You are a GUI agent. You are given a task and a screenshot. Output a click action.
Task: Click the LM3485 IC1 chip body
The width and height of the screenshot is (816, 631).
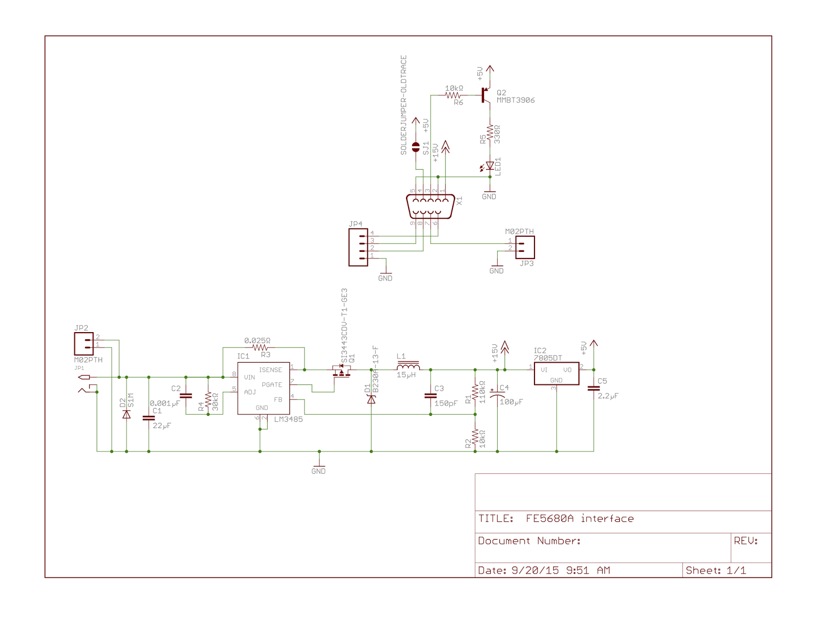[x=263, y=389]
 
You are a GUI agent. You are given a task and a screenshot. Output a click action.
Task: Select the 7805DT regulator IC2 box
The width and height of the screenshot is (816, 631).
[x=556, y=374]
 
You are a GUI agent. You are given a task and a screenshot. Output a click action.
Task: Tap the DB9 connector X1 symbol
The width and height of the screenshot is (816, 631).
[x=430, y=206]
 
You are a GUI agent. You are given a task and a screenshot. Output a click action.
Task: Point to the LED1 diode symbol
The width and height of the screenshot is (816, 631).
[x=490, y=166]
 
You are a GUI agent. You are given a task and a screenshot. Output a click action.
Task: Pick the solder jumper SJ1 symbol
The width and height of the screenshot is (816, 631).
[x=416, y=147]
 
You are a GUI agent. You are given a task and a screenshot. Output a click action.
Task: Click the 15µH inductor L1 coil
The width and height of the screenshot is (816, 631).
[x=408, y=367]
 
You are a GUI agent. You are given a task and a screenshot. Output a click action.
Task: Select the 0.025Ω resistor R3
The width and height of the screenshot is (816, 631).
[x=260, y=348]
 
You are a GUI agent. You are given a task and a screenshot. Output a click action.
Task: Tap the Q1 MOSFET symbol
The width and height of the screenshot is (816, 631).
[x=341, y=371]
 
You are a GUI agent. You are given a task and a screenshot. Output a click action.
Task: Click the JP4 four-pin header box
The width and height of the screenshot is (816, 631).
[x=358, y=247]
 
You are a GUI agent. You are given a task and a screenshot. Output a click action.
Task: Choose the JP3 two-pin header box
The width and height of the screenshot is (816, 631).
[x=525, y=247]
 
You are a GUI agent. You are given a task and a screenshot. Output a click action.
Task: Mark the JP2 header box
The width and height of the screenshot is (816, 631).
[x=84, y=344]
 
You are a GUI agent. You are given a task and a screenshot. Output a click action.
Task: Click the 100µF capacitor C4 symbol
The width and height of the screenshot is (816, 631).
[x=497, y=394]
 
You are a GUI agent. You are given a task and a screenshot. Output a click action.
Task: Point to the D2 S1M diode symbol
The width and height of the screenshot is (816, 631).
[x=126, y=414]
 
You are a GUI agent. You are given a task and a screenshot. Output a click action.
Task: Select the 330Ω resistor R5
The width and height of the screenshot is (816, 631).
[x=490, y=134]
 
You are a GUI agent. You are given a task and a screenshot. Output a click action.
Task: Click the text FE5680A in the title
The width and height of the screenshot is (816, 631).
[x=549, y=519]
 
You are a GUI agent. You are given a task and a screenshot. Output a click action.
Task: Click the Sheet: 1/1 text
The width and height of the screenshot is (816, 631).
[x=716, y=570]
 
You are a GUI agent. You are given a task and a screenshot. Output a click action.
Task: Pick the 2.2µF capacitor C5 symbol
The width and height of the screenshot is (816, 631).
[x=594, y=388]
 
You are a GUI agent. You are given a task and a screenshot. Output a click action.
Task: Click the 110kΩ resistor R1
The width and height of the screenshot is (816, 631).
[x=475, y=392]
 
